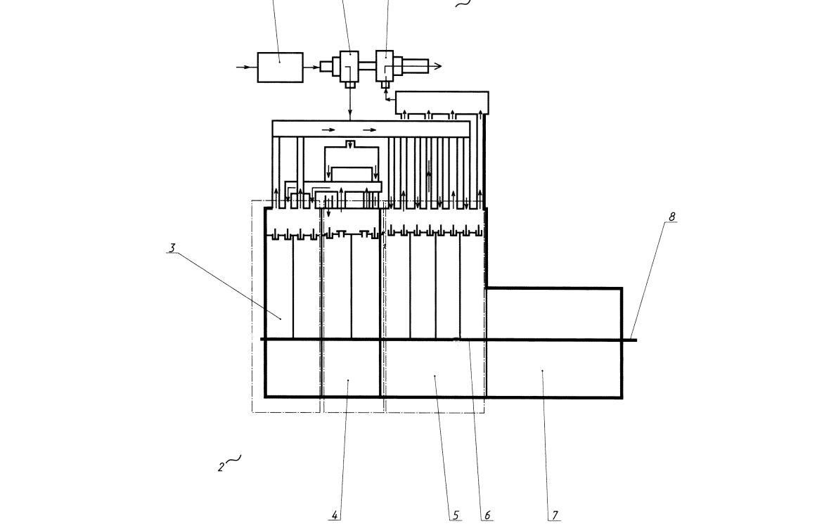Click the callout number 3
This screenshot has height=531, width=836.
(172, 248)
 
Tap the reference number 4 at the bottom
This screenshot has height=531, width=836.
(335, 516)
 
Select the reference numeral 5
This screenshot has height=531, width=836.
(456, 516)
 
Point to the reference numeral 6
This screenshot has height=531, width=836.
(487, 516)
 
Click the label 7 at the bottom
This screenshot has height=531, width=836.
(555, 516)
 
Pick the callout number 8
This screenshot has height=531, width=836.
(671, 217)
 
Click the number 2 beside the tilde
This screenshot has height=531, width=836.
(221, 468)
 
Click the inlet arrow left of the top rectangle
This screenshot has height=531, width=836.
(243, 68)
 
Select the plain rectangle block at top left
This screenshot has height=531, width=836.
(281, 68)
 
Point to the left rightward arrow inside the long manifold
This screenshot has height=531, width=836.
(328, 129)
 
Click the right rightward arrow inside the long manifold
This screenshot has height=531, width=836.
(370, 129)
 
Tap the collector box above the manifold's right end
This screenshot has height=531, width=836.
(442, 103)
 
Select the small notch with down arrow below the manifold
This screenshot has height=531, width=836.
(349, 145)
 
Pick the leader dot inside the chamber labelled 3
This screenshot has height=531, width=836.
(281, 319)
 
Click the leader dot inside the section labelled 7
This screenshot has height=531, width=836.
(542, 371)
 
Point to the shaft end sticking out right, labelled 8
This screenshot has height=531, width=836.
(630, 340)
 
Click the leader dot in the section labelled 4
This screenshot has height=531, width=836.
(348, 380)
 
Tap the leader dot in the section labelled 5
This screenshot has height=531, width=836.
(435, 376)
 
